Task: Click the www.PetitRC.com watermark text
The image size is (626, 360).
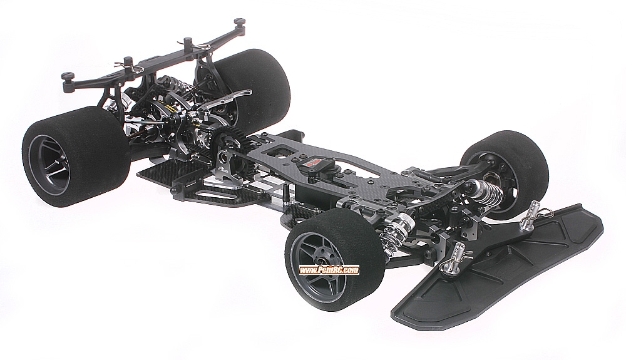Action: [x=329, y=270]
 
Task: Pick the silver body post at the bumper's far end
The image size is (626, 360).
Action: [x=533, y=213]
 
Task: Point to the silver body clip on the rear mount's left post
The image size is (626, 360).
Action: [x=129, y=63]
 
